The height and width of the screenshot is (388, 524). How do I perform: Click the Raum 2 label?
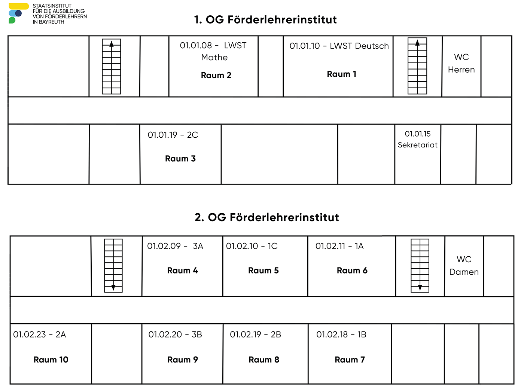click(x=216, y=75)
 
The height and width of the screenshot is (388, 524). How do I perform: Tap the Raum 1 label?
click(x=341, y=74)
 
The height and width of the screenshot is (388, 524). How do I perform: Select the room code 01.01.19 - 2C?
click(x=173, y=135)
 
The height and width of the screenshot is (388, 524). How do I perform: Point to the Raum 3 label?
click(x=180, y=159)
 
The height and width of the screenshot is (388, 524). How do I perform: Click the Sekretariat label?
click(x=417, y=145)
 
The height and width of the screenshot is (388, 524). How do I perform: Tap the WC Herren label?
click(x=461, y=63)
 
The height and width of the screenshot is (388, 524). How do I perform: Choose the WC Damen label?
click(x=464, y=265)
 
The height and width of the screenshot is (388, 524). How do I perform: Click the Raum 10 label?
click(x=51, y=360)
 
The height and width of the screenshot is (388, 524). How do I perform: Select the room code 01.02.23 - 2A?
click(x=39, y=334)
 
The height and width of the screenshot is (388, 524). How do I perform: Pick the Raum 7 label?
click(x=350, y=360)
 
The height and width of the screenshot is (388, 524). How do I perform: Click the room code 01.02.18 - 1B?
click(x=341, y=334)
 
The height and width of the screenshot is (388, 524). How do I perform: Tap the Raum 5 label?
click(x=263, y=271)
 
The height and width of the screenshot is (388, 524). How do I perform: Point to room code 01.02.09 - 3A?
click(x=175, y=246)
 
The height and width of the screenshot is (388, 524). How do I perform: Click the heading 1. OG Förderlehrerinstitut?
click(x=265, y=19)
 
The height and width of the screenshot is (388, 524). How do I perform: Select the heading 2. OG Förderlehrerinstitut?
click(x=267, y=217)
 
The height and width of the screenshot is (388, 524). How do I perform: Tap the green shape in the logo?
click(x=12, y=20)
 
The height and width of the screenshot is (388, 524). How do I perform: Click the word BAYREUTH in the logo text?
click(x=52, y=22)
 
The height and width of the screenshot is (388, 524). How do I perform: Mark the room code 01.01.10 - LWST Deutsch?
click(x=339, y=46)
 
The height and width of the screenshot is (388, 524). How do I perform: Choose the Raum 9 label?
click(x=183, y=360)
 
